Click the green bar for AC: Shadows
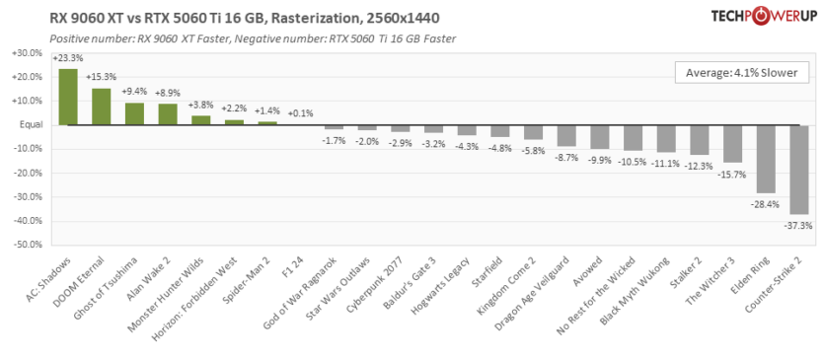click(68, 97)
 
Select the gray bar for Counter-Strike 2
click(798, 170)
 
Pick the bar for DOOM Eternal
click(102, 107)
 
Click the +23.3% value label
click(68, 58)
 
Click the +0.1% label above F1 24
click(301, 112)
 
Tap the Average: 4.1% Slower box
click(742, 73)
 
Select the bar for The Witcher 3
click(732, 144)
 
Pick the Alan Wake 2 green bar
click(168, 114)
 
